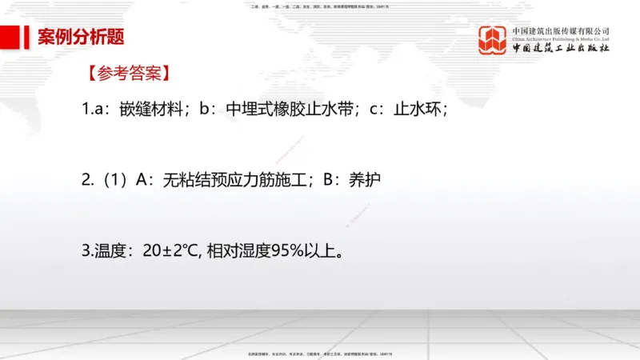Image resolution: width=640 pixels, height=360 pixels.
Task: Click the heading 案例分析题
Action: pyautogui.click(x=81, y=37)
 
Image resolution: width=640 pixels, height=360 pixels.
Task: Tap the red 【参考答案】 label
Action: pyautogui.click(x=127, y=74)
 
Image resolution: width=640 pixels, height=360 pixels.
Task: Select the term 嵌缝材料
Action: pyautogui.click(x=153, y=109)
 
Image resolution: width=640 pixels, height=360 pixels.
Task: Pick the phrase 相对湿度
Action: pyautogui.click(x=237, y=251)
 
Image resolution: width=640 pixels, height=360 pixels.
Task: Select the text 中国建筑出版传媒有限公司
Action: pyautogui.click(x=561, y=31)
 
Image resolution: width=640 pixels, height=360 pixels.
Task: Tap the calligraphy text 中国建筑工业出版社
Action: pyautogui.click(x=561, y=49)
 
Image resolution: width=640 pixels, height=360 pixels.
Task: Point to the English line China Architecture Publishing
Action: pyautogui.click(x=561, y=38)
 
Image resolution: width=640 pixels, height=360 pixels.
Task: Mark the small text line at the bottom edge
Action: pyautogui.click(x=319, y=353)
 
